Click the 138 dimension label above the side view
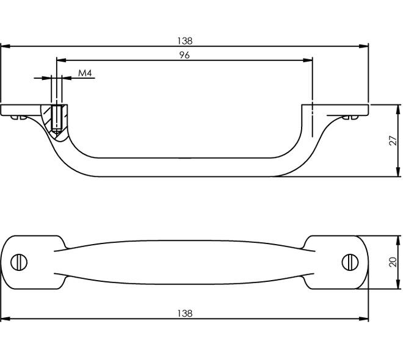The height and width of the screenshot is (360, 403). pyautogui.click(x=184, y=41)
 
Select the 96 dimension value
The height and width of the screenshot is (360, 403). pyautogui.click(x=184, y=55)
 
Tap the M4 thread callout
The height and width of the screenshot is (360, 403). pyautogui.click(x=85, y=73)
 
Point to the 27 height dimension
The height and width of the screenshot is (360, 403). pyautogui.click(x=393, y=141)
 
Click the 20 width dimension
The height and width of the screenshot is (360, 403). pyautogui.click(x=393, y=262)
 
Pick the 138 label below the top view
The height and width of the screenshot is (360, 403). pyautogui.click(x=184, y=313)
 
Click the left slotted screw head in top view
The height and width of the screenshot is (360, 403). pyautogui.click(x=19, y=262)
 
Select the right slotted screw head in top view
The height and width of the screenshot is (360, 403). pyautogui.click(x=350, y=262)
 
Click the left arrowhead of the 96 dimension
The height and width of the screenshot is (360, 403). pyautogui.click(x=61, y=60)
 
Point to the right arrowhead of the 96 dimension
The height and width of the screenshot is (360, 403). pyautogui.click(x=308, y=60)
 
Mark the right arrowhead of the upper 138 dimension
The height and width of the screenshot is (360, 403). pyautogui.click(x=364, y=46)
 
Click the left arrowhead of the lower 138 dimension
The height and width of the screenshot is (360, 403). pyautogui.click(x=5, y=319)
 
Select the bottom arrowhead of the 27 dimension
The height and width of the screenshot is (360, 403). pyautogui.click(x=398, y=172)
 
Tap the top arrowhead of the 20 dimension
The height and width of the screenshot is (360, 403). pyautogui.click(x=398, y=240)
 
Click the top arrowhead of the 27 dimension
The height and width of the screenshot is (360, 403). pyautogui.click(x=398, y=110)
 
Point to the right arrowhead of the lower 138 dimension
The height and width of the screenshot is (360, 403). pyautogui.click(x=364, y=319)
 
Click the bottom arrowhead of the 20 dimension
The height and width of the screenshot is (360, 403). pyautogui.click(x=398, y=284)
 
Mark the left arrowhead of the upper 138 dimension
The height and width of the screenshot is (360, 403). pyautogui.click(x=5, y=46)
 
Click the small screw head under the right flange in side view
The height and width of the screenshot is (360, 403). pyautogui.click(x=350, y=117)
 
